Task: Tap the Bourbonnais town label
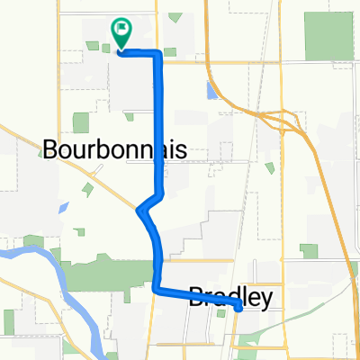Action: point(113,149)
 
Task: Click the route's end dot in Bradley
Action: point(238,308)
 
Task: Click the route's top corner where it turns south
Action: point(159,55)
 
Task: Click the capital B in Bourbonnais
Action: point(51,149)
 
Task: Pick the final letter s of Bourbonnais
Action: point(180,149)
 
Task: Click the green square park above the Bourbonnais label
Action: point(81,122)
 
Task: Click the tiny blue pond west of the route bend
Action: point(63,206)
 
